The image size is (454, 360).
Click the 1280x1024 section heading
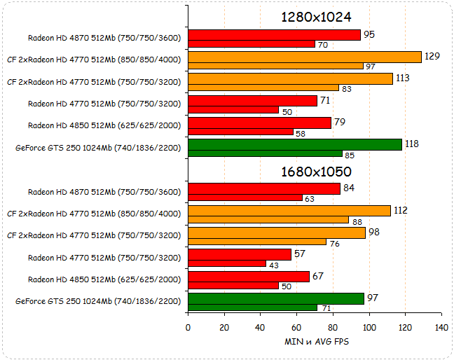pos(315,17)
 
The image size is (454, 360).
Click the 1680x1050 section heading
pos(315,171)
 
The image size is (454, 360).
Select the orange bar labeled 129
pos(305,57)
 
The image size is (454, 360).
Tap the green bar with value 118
pos(295,144)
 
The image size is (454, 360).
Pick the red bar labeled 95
pos(274,35)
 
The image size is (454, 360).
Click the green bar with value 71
pos(252,307)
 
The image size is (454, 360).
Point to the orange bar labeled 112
pos(289,211)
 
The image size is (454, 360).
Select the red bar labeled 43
pos(227,263)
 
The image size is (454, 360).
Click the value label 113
pos(403,78)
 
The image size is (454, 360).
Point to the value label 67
pos(319,275)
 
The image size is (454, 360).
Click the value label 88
pos(359,221)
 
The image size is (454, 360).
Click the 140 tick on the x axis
pos(441,327)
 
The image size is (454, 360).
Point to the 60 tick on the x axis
pos(296,327)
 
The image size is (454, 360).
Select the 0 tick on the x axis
pos(188,327)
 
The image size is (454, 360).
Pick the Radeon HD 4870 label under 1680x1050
pos(104,191)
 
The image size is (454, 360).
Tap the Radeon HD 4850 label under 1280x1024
pos(104,125)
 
